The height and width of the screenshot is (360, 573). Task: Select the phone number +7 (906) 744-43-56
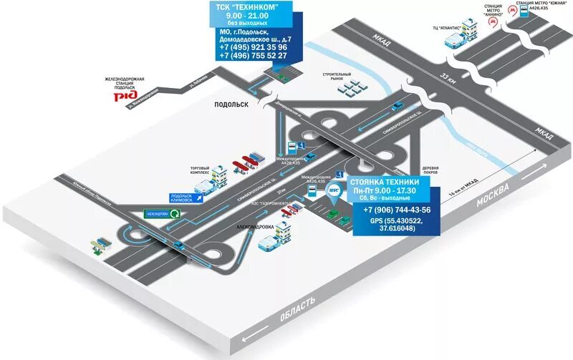point(397,210)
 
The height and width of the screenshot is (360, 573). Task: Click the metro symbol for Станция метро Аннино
point(492,22)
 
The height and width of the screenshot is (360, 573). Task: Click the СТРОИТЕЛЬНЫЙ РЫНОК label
point(337,76)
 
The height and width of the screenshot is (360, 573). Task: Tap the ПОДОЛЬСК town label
point(231,104)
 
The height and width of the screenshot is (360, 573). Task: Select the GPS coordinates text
point(396,225)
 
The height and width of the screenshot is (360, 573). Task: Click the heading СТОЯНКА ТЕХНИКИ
point(390,183)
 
